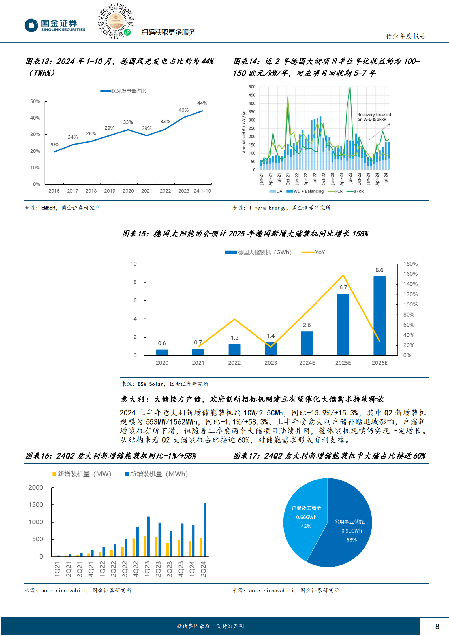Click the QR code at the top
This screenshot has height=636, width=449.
point(116,21)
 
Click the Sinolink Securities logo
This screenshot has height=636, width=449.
point(55,25)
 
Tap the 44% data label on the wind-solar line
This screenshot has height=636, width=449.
point(202,103)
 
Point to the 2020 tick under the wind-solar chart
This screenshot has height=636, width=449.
point(128,191)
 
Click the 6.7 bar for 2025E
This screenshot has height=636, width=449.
point(343,324)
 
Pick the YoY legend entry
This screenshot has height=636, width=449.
point(314,252)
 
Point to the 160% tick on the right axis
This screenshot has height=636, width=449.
point(410,274)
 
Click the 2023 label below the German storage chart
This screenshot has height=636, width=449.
point(270,363)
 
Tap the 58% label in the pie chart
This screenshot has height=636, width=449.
point(352,540)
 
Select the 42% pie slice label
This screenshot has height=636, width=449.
point(306,526)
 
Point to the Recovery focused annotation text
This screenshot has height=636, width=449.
point(374,117)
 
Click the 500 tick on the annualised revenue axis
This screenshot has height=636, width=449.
point(252,87)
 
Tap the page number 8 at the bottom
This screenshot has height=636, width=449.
point(437,626)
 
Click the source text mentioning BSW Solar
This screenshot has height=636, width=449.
point(165,384)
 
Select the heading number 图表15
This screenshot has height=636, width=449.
point(135,234)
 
